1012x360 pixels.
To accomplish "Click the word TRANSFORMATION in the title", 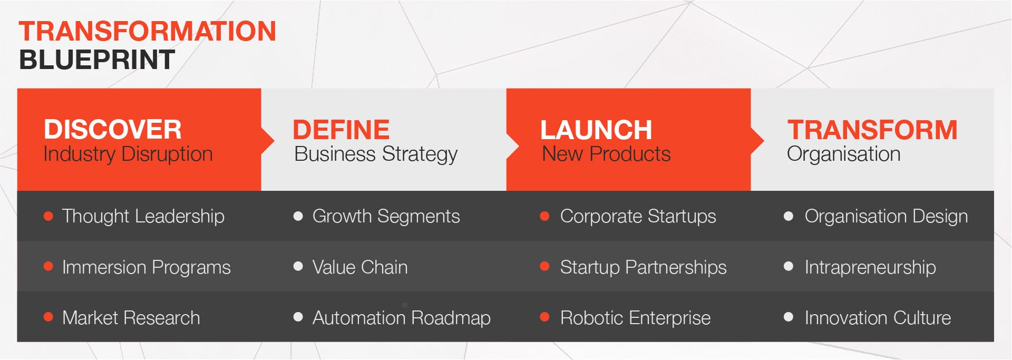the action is tap(148, 31).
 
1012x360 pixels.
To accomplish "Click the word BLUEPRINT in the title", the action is tap(97, 60).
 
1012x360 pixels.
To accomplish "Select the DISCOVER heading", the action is tap(112, 130).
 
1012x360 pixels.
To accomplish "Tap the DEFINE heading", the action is tap(341, 130).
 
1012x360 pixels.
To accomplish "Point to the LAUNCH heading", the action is tap(596, 130).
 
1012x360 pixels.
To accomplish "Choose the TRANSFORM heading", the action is tap(872, 130).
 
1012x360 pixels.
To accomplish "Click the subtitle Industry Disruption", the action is tap(128, 154).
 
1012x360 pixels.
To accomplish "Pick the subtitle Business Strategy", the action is tap(376, 154).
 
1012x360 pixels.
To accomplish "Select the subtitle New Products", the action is tap(606, 154).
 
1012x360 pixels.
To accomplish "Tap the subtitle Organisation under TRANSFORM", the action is tap(843, 154).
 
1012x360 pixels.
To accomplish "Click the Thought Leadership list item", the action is tap(143, 217).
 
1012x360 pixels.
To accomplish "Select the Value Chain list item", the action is tap(360, 267).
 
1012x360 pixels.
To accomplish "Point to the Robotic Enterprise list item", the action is tap(635, 318).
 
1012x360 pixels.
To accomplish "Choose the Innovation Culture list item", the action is tap(878, 318).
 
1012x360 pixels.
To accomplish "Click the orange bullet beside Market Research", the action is tap(48, 317).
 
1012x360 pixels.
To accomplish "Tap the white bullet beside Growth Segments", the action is tap(298, 216).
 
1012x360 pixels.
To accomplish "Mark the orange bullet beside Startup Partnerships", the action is tap(545, 266).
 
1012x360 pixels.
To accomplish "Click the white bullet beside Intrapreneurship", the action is tap(789, 266).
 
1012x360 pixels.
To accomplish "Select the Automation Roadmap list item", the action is tap(401, 318).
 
